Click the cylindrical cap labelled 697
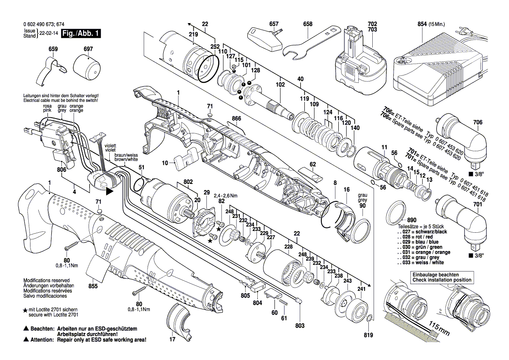click(87, 66)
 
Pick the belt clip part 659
click(52, 71)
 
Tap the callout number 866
click(237, 119)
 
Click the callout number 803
click(300, 326)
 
